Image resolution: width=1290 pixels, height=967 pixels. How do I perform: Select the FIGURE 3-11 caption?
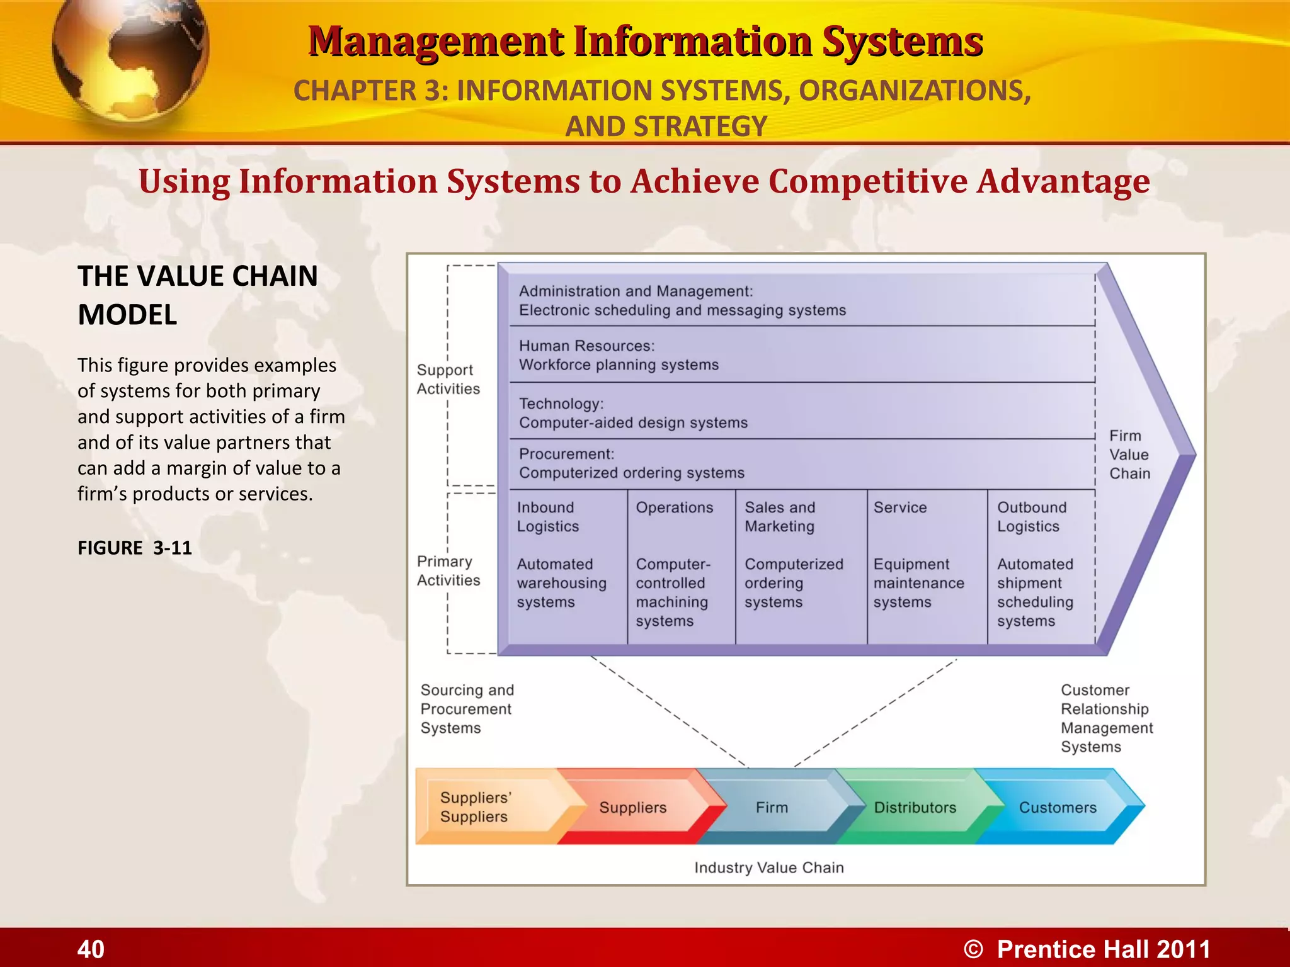(135, 548)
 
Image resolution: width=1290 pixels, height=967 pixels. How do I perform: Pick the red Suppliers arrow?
(632, 807)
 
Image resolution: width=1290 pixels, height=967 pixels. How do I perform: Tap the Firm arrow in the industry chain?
(772, 807)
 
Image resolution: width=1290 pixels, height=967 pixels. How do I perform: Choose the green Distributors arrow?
(915, 807)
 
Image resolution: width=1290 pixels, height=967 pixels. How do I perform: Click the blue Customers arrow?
(1058, 807)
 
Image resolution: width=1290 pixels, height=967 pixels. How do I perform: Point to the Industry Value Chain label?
(769, 868)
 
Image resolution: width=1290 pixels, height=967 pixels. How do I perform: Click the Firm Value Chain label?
(1129, 455)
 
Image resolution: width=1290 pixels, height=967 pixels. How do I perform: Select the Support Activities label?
(448, 379)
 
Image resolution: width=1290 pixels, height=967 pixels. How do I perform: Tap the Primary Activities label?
(448, 570)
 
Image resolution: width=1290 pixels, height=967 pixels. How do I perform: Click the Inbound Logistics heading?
(547, 517)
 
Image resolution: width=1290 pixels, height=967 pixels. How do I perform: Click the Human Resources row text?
(618, 355)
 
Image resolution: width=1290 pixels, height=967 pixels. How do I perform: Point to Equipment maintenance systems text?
(918, 583)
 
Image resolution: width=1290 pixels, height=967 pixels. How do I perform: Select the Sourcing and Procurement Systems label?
(467, 709)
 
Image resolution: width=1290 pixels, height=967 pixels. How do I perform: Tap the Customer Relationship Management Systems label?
(1107, 718)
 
